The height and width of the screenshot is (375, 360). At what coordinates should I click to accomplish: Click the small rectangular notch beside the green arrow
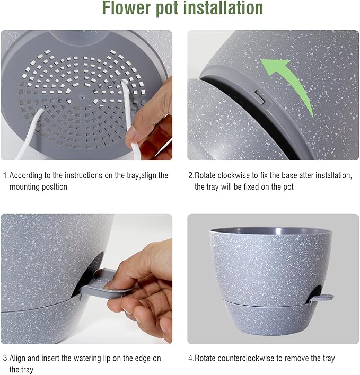(x=259, y=95)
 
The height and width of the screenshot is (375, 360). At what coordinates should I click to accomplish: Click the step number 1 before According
(x=5, y=175)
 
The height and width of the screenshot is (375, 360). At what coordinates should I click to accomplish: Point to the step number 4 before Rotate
(x=191, y=359)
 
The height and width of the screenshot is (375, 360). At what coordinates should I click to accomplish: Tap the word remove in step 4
(x=294, y=359)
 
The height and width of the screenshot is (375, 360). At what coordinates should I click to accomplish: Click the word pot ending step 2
(x=288, y=187)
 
